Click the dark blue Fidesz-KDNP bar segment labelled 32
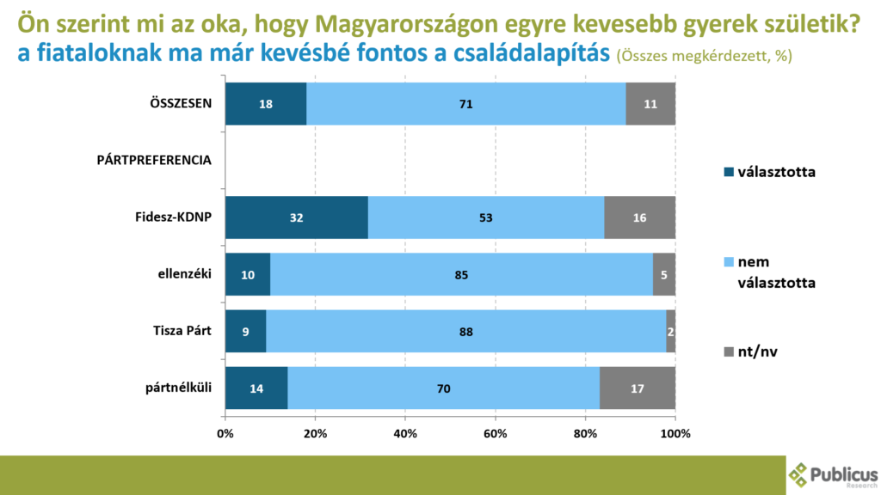296,217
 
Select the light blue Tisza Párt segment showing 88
465,331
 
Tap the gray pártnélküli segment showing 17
638,388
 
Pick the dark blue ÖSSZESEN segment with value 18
265,104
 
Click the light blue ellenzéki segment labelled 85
461,274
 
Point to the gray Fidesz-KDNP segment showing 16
639,217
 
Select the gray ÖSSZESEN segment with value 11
650,104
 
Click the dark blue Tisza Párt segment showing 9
245,331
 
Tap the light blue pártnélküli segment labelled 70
443,388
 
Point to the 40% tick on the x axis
405,433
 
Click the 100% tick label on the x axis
675,433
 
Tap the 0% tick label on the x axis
225,433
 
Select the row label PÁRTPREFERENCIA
154,161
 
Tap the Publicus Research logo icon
799,474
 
